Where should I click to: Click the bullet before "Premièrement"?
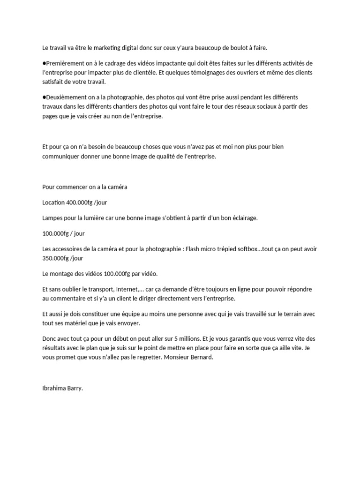click(44, 63)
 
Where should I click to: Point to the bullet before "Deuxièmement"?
click(44, 97)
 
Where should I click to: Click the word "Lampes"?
click(52, 217)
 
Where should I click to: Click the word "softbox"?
click(245, 248)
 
